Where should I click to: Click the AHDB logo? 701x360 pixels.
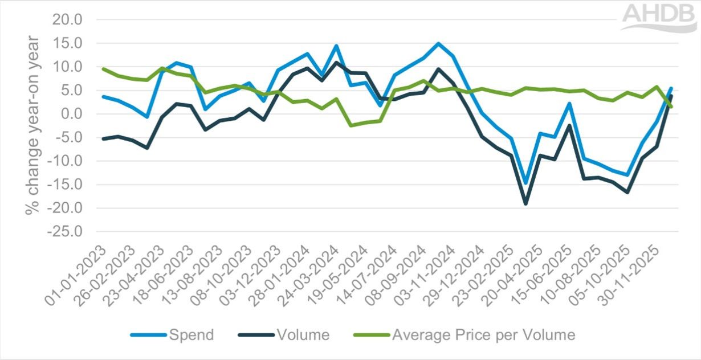pos(659,17)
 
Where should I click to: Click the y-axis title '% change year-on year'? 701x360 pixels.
pos(32,125)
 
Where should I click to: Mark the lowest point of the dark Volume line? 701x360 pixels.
pos(525,203)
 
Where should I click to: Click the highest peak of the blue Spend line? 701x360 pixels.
pos(438,43)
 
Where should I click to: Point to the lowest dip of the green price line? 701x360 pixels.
pos(351,125)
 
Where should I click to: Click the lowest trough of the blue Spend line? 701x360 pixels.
pos(525,183)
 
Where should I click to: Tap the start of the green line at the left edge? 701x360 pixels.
pos(103,69)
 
